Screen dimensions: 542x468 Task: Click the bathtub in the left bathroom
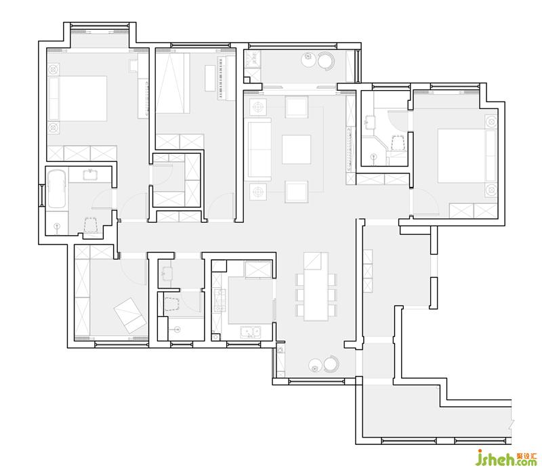coord(56,189)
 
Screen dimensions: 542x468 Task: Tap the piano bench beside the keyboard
coord(210,78)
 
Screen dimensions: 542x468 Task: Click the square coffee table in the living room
coord(296,149)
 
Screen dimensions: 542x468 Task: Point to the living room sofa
coord(259,149)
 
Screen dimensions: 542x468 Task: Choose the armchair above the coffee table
coord(297,107)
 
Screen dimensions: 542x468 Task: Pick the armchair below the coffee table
coord(297,192)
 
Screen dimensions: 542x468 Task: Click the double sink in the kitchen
coord(251,332)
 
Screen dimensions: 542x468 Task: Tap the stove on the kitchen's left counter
coord(220,300)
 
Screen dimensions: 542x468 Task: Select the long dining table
coord(316,286)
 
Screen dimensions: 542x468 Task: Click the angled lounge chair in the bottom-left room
coord(130,315)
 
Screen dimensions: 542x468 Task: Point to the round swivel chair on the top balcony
coord(326,61)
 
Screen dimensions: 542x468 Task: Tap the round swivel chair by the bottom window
coord(331,364)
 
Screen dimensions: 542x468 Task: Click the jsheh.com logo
coord(506,457)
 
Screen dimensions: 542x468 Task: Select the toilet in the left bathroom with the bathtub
coord(90,225)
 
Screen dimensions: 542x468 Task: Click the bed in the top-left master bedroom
coord(77,98)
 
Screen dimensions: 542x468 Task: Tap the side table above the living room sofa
coord(258,107)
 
